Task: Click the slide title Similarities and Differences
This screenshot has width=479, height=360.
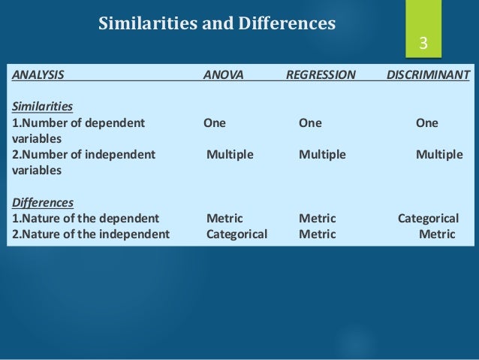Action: click(x=217, y=24)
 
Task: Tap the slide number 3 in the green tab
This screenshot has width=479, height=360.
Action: click(x=423, y=44)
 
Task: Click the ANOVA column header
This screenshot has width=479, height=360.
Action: click(x=223, y=75)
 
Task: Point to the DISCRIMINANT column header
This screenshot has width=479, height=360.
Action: click(x=428, y=75)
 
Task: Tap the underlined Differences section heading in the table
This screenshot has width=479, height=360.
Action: click(x=42, y=203)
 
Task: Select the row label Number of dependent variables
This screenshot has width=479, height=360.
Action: click(x=78, y=131)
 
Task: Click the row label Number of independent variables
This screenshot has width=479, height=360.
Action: click(x=83, y=162)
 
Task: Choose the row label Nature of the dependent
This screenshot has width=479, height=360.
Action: click(x=85, y=219)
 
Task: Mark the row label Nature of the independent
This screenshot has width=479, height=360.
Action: click(x=90, y=234)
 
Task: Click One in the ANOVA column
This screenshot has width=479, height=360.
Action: click(x=214, y=123)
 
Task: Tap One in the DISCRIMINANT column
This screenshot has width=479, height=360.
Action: click(x=427, y=123)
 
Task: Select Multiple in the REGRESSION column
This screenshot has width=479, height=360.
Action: click(x=322, y=155)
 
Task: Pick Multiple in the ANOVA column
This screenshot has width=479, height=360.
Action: click(x=230, y=155)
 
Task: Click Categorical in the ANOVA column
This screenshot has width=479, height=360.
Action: click(x=236, y=234)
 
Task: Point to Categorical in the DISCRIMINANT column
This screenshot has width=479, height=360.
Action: click(x=428, y=219)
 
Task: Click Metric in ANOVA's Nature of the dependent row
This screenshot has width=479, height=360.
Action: click(x=224, y=219)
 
